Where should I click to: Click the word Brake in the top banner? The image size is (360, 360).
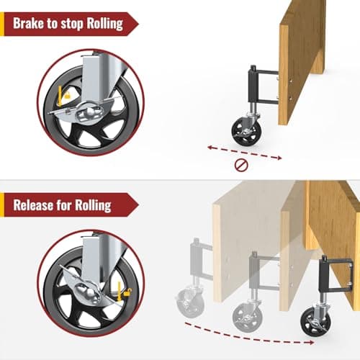coord(32,24)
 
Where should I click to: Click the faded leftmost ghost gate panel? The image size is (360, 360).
coord(245,238)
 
